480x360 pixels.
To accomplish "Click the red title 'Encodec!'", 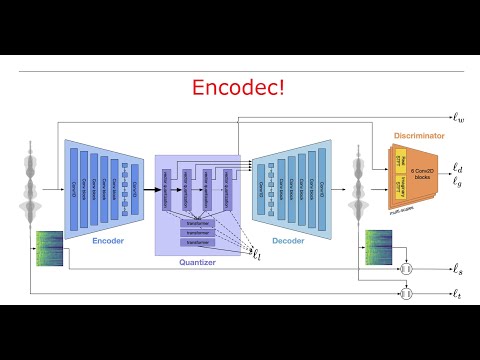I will [x=240, y=88].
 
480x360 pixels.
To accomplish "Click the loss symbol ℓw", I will [x=458, y=118].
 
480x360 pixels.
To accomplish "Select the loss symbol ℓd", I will [x=458, y=168].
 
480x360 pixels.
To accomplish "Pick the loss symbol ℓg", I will [x=458, y=182].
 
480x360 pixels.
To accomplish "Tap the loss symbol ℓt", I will [x=458, y=293].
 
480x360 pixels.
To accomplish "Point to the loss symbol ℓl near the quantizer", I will [x=257, y=257].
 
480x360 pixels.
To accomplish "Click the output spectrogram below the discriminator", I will [x=377, y=247].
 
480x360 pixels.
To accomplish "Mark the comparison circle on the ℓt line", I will [x=406, y=293].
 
